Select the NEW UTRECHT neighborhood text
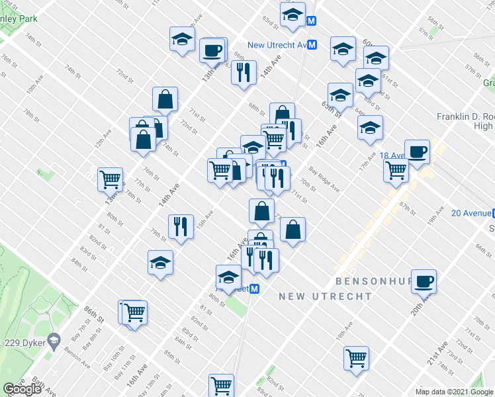(x=325, y=296)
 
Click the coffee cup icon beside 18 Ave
(x=417, y=152)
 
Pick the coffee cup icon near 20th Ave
(x=424, y=281)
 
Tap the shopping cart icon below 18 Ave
(x=396, y=170)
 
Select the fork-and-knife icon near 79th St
(x=181, y=226)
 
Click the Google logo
(x=22, y=388)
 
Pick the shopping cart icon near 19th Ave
(x=356, y=358)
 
